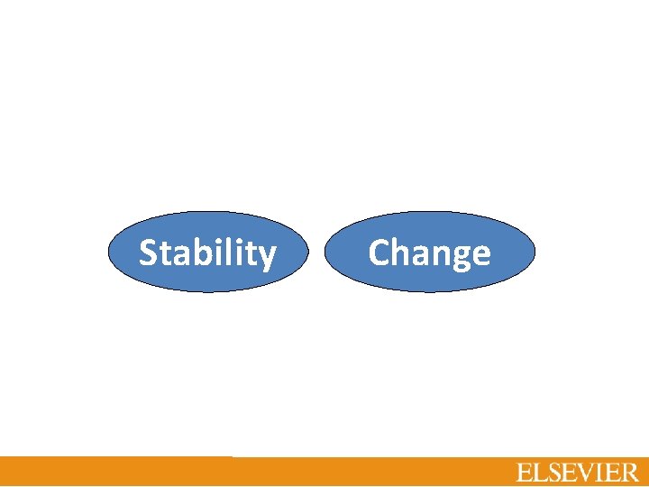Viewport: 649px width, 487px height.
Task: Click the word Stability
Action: point(207,253)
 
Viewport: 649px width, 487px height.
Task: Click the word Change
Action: point(429,253)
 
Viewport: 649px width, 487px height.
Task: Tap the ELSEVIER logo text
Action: point(577,473)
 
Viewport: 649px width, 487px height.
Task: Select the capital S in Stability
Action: point(149,253)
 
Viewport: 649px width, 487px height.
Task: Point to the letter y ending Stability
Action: point(267,257)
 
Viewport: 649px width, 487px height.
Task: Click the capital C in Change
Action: point(379,253)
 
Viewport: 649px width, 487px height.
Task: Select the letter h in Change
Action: point(402,253)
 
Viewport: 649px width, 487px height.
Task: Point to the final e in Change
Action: point(480,256)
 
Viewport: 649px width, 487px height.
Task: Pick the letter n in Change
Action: point(441,256)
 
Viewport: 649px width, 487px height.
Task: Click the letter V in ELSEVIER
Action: point(587,473)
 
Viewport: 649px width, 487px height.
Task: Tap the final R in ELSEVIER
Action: point(629,473)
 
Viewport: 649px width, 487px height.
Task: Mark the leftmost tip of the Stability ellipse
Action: point(109,253)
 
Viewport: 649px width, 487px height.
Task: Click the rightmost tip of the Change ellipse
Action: point(535,253)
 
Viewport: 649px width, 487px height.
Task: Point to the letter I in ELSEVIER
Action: point(600,473)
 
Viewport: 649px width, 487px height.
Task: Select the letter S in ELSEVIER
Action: point(554,473)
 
